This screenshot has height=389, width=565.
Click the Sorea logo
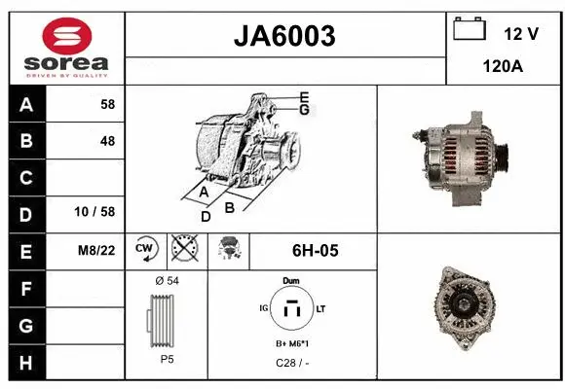coord(67,47)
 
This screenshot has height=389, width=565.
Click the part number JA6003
coord(285,36)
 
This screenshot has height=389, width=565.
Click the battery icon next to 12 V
coord(470,29)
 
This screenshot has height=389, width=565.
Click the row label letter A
coord(26,105)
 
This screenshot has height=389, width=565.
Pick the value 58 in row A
coord(107,105)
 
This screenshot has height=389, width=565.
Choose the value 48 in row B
coord(107,141)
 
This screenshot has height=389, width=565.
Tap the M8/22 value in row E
coord(97,251)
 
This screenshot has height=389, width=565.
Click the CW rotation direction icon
coord(145,250)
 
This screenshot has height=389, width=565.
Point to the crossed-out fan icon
coord(184,250)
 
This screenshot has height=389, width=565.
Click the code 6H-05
coord(315,251)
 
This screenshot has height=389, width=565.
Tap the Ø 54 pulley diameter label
coord(167,281)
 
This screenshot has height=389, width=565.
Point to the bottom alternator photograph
coord(470,309)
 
